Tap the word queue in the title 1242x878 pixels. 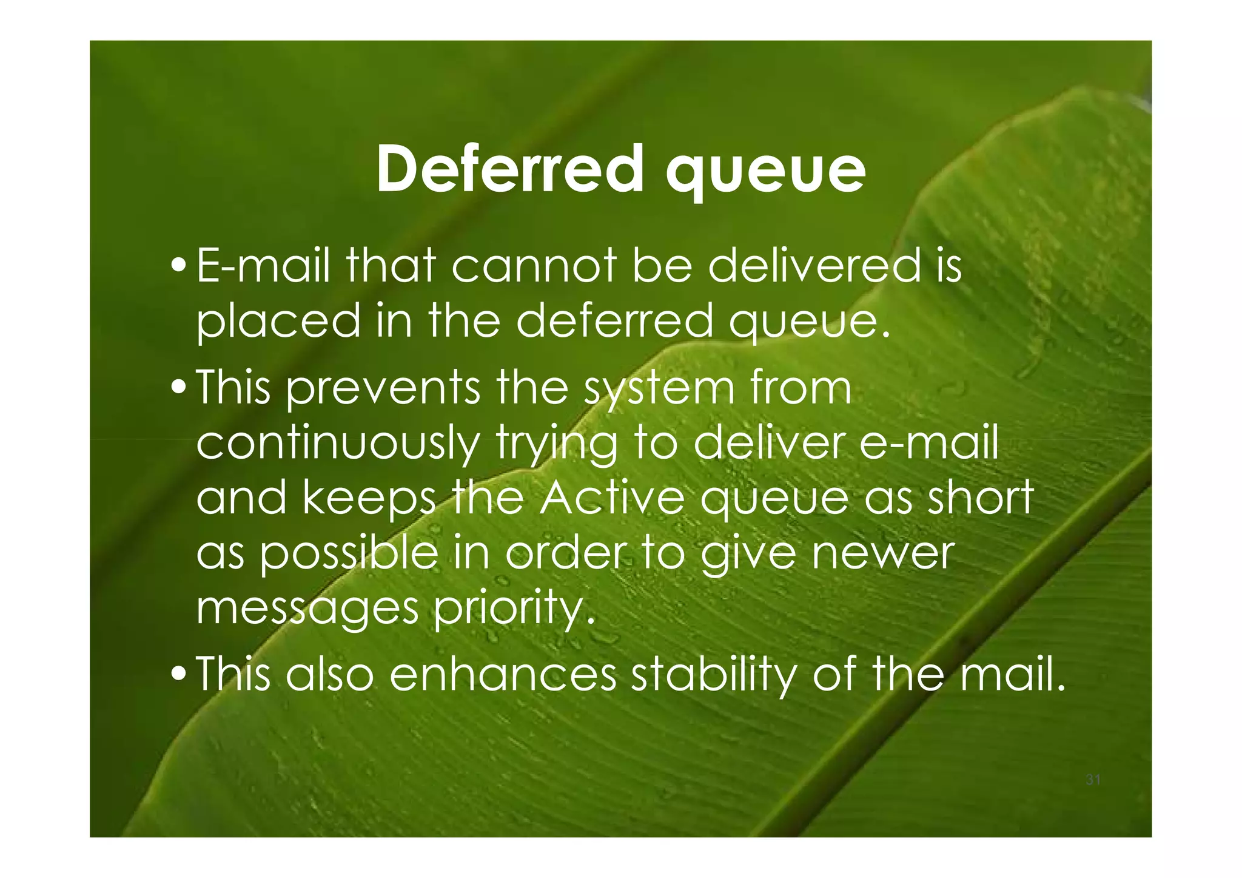pyautogui.click(x=765, y=173)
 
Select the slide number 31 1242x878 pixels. pyautogui.click(x=1093, y=780)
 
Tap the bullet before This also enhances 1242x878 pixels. pyautogui.click(x=180, y=674)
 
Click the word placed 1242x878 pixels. pyautogui.click(x=278, y=322)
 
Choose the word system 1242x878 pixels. pyautogui.click(x=658, y=390)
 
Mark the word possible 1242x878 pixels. pyautogui.click(x=349, y=553)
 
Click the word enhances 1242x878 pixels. pyautogui.click(x=502, y=674)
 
